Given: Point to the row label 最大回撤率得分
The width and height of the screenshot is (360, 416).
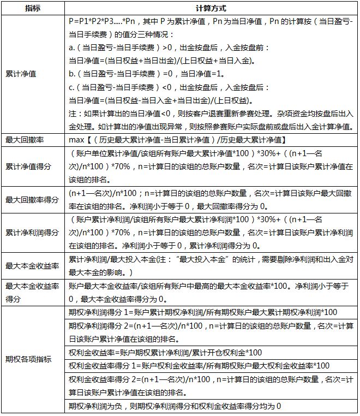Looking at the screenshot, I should click(31, 199).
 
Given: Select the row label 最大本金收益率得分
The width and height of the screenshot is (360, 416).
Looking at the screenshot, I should click(31, 292).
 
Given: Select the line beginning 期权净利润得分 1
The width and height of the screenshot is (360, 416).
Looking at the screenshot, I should click(203, 312).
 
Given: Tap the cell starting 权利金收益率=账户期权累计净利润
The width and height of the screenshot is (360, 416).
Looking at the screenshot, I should click(165, 352).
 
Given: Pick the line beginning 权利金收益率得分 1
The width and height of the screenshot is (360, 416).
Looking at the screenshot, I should click(200, 365).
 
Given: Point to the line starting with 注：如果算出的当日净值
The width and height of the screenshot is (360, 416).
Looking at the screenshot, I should click(211, 114).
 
